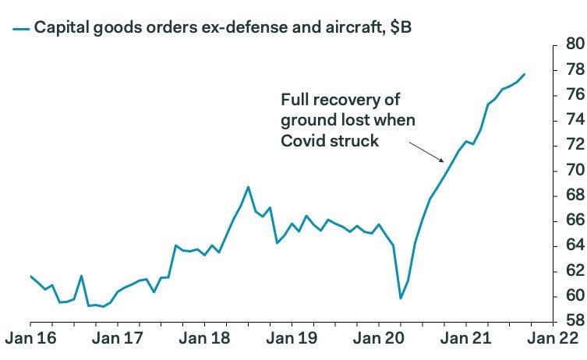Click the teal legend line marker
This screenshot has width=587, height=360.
(x=21, y=28)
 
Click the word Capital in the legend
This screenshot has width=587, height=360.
(x=61, y=27)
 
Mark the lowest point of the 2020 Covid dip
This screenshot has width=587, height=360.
(x=401, y=298)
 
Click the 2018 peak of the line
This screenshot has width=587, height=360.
(x=248, y=187)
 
